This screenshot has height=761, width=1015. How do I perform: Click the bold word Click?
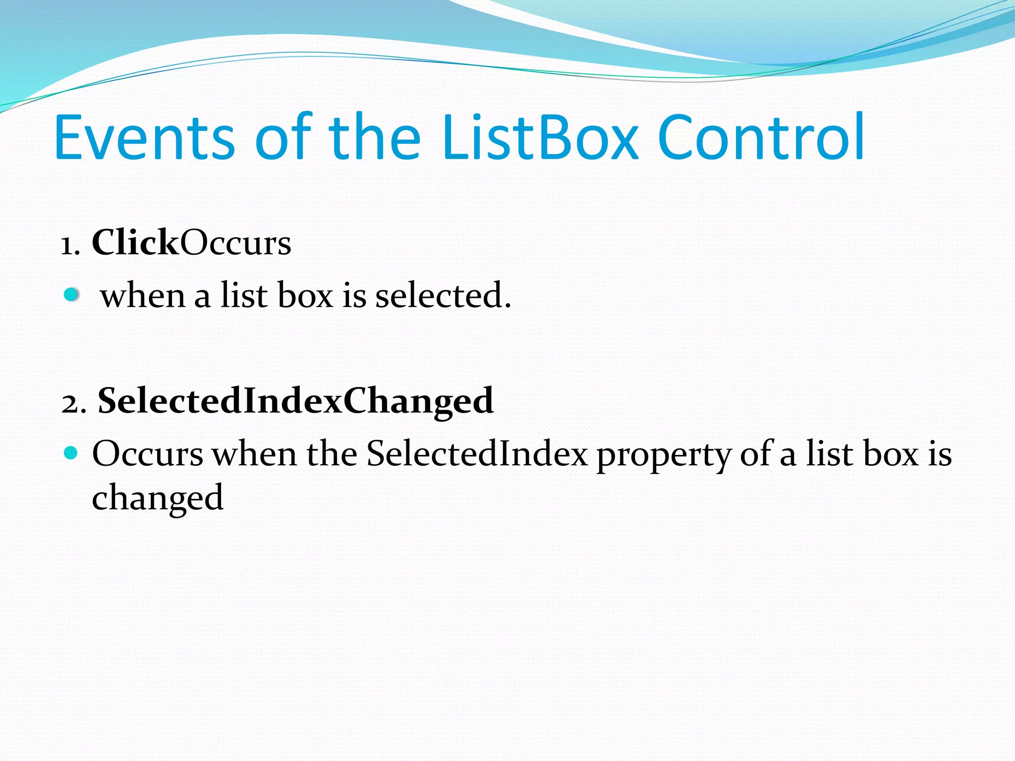click(135, 243)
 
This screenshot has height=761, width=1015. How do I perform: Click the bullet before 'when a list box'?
click(72, 295)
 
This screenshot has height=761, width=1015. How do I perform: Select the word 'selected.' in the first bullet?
click(443, 295)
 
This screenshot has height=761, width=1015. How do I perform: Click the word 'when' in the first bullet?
click(143, 296)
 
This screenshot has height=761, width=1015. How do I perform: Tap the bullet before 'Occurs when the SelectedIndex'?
click(71, 453)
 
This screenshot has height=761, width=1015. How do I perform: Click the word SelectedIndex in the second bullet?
click(477, 454)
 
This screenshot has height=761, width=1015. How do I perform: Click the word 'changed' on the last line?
click(158, 498)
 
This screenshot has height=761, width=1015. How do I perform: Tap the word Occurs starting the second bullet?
click(148, 454)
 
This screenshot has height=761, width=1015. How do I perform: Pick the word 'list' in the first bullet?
click(244, 295)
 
